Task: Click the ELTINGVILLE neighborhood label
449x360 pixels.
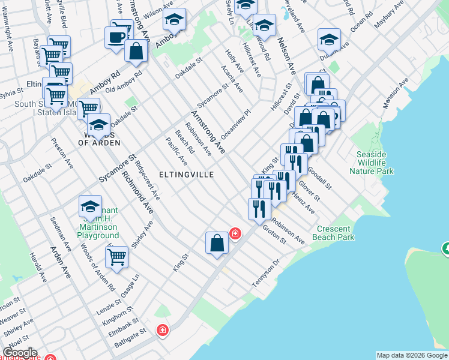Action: [x=187, y=174]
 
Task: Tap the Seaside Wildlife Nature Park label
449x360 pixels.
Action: [x=375, y=163]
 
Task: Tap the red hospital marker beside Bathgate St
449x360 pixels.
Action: [x=162, y=330]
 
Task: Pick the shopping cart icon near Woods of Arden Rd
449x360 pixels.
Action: [x=116, y=256]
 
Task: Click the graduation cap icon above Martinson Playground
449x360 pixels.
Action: [x=90, y=207]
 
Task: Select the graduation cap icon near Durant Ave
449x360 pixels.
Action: [x=328, y=40]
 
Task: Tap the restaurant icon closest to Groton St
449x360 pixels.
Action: [x=259, y=208]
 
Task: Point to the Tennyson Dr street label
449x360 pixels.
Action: [x=267, y=273]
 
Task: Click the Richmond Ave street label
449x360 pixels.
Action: [x=137, y=192]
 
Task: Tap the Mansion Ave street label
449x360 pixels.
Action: [x=396, y=92]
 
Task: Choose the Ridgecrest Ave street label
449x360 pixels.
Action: [x=147, y=179]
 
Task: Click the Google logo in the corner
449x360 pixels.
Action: [x=19, y=353]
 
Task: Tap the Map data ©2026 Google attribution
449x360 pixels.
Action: [x=412, y=355]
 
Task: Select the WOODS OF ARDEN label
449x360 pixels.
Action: [x=99, y=143]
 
